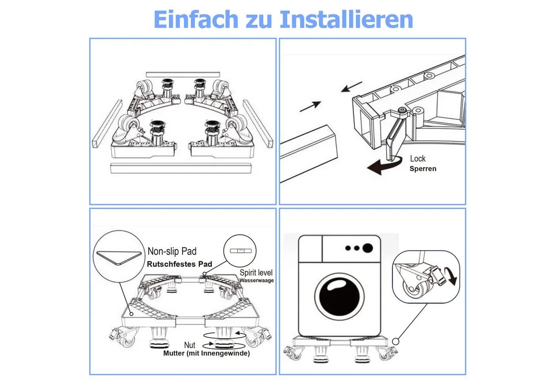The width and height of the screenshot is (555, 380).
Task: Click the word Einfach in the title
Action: [x=196, y=19]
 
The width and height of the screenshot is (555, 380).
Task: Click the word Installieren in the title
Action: [x=346, y=19]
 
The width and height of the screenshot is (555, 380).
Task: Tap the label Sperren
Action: [x=423, y=169]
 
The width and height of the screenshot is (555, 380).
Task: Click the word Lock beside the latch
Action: [x=418, y=159]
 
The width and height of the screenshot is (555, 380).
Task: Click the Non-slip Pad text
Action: [x=172, y=251]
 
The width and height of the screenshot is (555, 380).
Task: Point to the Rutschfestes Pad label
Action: [x=179, y=264]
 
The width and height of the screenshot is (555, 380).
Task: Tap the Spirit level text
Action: [x=256, y=273]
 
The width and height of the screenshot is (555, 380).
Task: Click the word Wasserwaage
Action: [x=256, y=281]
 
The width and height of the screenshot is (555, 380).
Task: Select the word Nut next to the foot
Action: [x=189, y=345]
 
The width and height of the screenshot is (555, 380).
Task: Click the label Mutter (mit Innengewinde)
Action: [x=207, y=353]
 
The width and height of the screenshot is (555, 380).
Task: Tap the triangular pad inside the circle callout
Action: [x=119, y=258]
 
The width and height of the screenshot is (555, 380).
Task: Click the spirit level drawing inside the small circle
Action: [x=241, y=251]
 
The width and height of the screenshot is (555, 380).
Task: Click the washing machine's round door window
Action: [x=339, y=297]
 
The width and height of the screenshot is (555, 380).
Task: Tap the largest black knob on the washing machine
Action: [x=367, y=248]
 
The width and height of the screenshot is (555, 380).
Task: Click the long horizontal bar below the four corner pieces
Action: [x=181, y=168]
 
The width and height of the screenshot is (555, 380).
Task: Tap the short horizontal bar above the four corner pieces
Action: [x=183, y=74]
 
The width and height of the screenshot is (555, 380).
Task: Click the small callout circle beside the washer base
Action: [x=396, y=342]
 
